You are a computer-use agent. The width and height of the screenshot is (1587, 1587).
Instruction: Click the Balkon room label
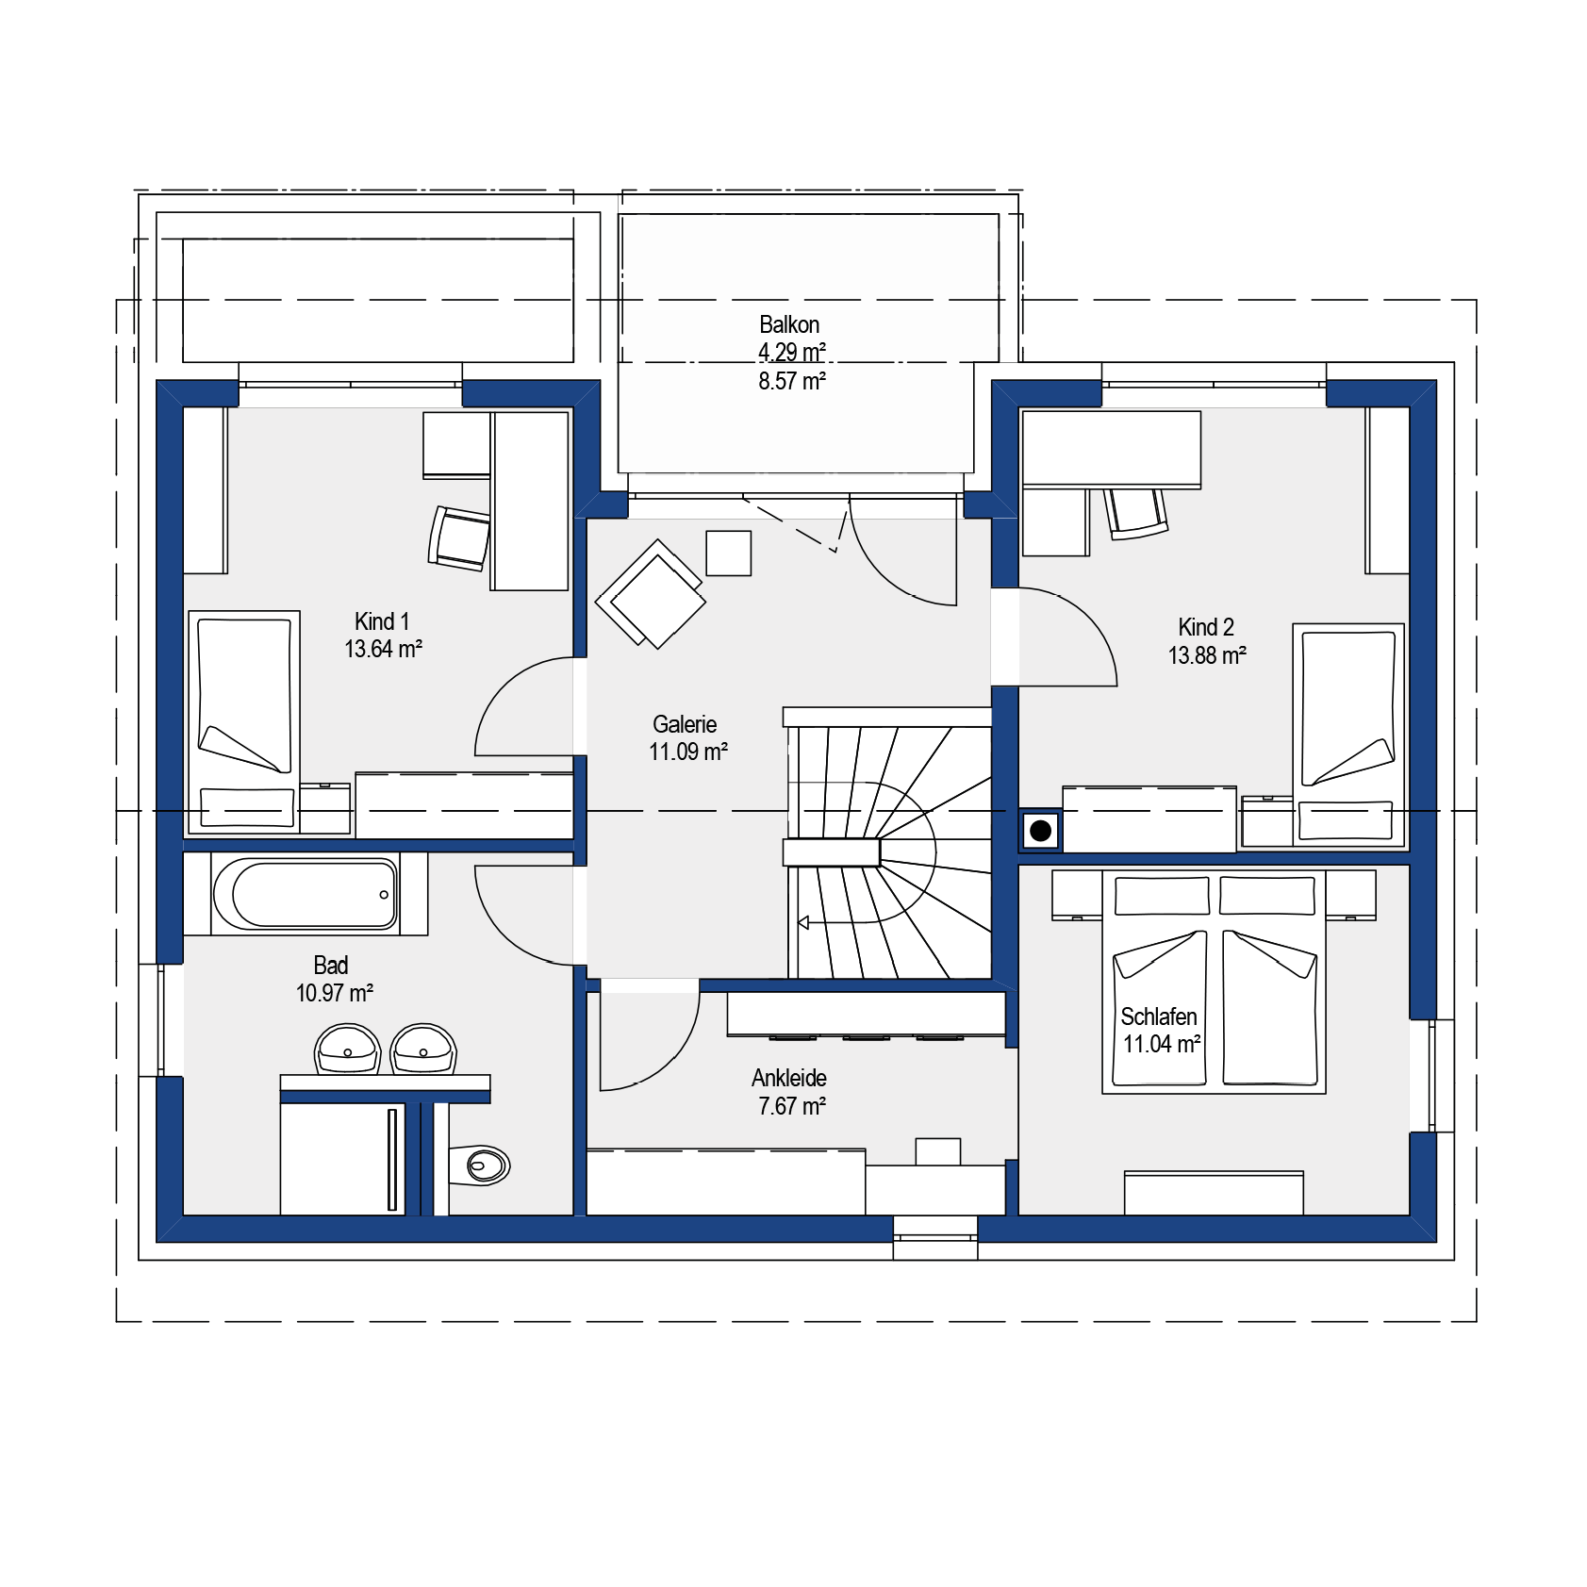pos(789,324)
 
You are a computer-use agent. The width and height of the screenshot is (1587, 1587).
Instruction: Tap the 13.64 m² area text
pos(383,649)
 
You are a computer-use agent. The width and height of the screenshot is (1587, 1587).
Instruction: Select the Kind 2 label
pos(1206,627)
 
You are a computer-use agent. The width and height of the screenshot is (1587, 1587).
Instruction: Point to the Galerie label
pos(685,724)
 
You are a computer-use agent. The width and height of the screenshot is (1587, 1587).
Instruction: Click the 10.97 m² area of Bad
pos(335,993)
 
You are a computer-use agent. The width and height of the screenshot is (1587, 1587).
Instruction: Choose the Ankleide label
pos(789,1078)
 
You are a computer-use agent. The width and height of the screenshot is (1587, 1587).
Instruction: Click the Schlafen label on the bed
pos(1159,1017)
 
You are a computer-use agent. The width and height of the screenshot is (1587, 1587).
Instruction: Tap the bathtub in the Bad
pos(306,894)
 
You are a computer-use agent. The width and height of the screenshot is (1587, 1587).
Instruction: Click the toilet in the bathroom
pos(479,1165)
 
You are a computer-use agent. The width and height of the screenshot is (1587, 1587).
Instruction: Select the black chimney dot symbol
pos(1041,831)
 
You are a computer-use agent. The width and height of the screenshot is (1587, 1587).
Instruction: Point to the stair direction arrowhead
pos(803,922)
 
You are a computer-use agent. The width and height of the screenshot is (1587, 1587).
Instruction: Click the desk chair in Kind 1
pos(459,538)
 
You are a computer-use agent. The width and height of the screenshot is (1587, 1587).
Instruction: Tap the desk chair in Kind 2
pos(1136,514)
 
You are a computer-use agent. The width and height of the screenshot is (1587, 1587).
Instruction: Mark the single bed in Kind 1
pos(244,722)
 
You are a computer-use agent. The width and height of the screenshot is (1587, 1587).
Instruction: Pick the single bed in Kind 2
pos(1348,735)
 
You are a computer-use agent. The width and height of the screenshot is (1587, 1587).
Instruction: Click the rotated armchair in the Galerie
pos(651,594)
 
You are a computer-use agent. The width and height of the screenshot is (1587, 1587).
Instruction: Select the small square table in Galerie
pos(729,553)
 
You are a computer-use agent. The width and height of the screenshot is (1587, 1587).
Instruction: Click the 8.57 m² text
pos(792,381)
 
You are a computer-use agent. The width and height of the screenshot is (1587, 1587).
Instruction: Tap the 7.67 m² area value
pos(792,1106)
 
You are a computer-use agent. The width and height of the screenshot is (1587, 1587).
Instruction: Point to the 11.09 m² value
pos(688,752)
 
